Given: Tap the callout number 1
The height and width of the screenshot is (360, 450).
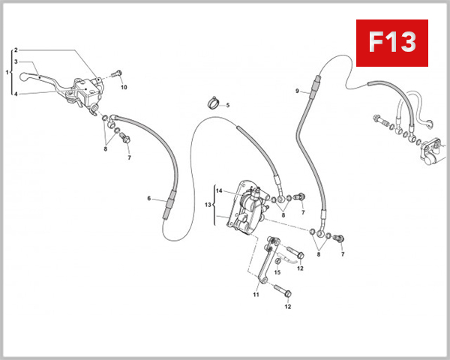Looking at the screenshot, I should coord(7,73).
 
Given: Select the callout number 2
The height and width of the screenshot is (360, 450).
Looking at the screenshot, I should coord(16,50).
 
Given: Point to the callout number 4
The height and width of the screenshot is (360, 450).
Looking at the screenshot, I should coord(16,94).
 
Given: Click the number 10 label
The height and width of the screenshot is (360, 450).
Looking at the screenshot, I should coord(124,87).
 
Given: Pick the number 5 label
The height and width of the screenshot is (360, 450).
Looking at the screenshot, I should coord(228,104).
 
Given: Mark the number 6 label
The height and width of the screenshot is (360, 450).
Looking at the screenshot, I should coord(149,199).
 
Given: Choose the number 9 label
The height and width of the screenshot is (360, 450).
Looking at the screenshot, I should coord(297,91).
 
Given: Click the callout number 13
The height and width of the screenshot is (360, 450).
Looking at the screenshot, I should coord(209,203).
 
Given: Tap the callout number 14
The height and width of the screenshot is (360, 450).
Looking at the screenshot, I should coord(219,190).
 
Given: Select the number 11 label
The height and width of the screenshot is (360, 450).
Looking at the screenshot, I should coord(255,295).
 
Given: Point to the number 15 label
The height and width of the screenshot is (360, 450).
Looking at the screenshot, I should coord(277,272).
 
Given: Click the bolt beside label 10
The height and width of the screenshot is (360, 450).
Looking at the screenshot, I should coord(116,73).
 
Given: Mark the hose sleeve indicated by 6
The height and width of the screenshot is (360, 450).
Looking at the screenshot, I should coord(169,202).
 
